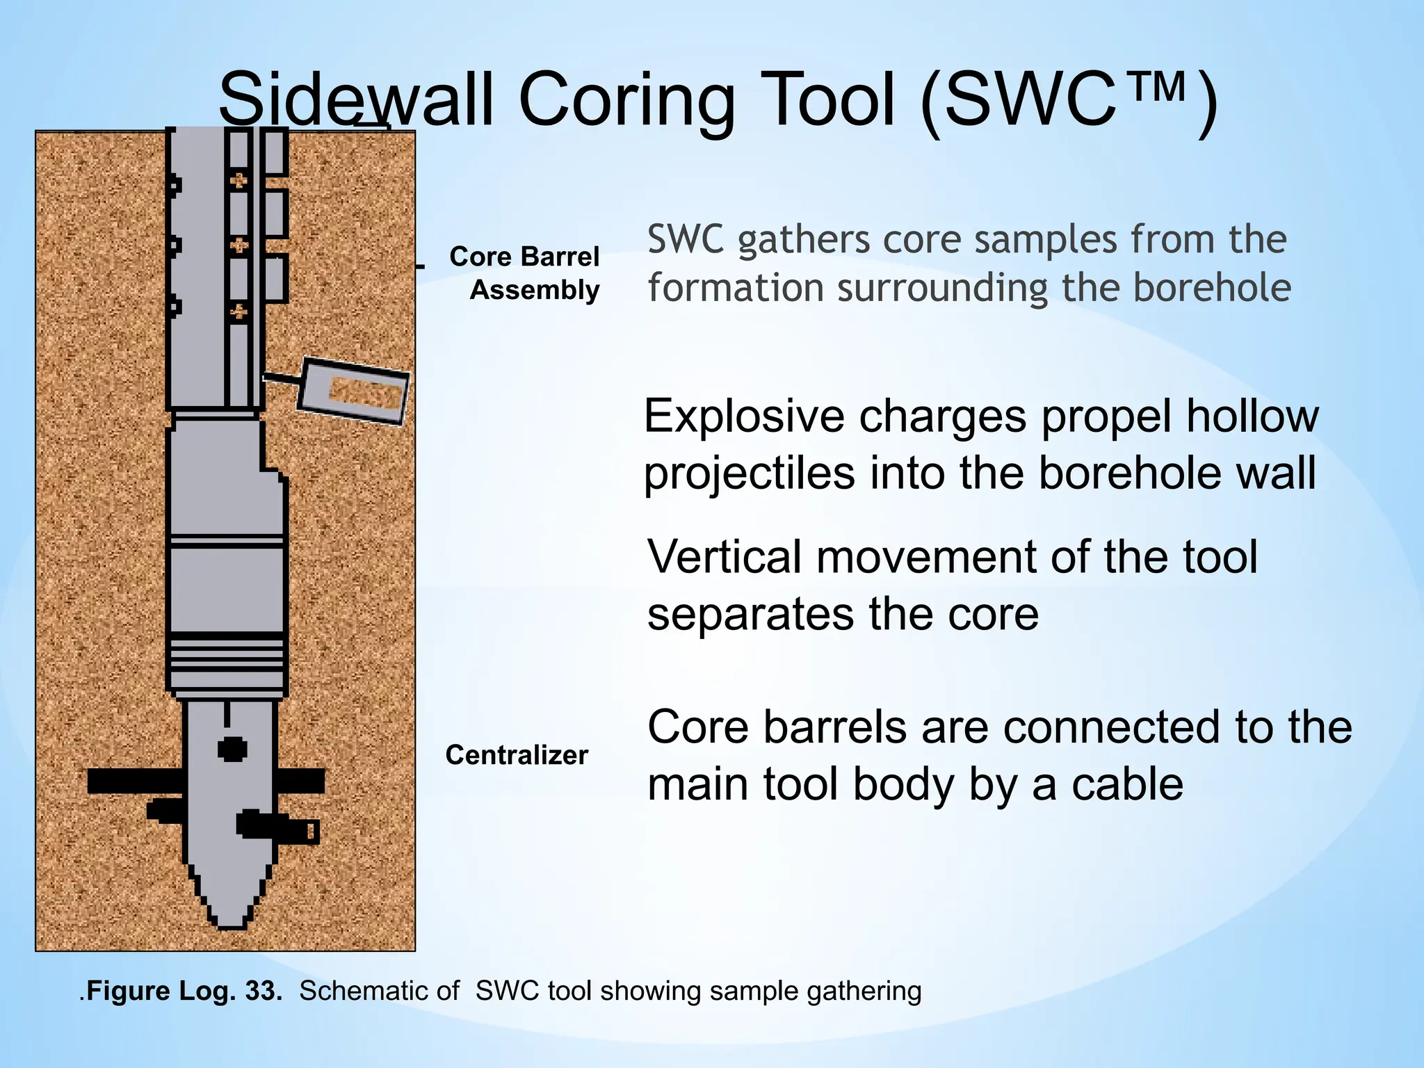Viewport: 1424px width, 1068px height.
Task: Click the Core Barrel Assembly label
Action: pos(525,273)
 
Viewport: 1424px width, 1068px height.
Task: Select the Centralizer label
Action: pos(516,755)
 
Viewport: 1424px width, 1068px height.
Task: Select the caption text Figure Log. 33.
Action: pos(184,991)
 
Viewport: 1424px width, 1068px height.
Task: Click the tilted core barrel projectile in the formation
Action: pos(353,391)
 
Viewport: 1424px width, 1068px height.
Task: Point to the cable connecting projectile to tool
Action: pos(282,378)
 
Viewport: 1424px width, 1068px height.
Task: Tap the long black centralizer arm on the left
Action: pos(136,782)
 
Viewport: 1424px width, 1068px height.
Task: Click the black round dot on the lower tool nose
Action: pos(232,750)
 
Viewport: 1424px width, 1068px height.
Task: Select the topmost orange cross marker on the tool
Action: pos(238,181)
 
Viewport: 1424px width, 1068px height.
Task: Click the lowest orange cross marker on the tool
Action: pos(238,311)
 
